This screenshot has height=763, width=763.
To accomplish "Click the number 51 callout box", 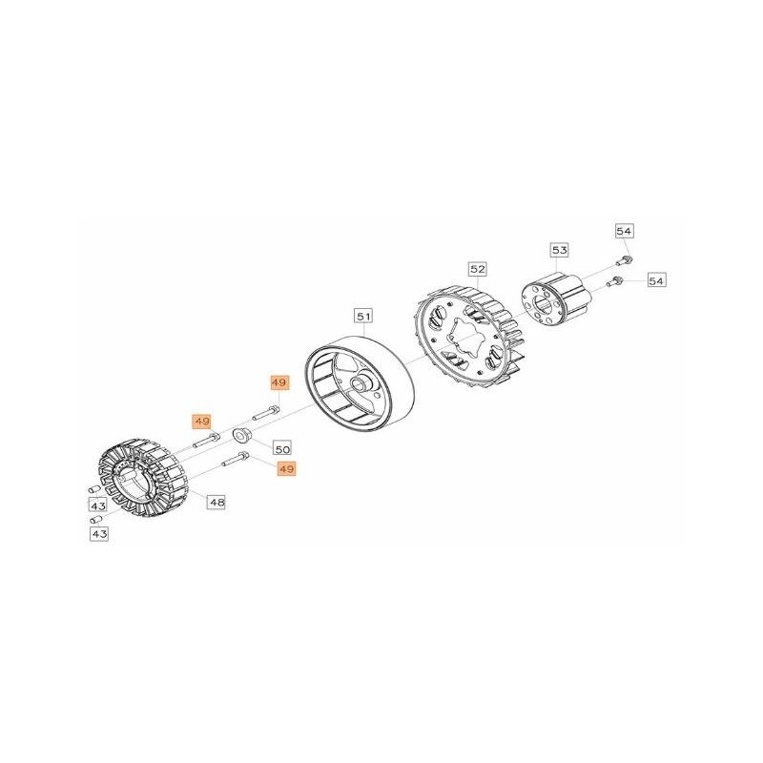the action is click(364, 317).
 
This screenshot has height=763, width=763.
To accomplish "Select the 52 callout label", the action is click(478, 269).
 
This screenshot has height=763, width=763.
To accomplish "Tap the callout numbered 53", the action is click(560, 250).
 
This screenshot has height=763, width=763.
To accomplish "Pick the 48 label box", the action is click(217, 502).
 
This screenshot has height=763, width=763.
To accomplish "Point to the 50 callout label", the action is click(282, 448).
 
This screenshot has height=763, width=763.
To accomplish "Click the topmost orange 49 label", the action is click(279, 383).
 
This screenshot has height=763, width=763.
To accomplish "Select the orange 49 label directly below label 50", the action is click(286, 469).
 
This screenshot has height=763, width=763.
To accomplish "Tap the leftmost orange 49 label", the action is click(201, 421).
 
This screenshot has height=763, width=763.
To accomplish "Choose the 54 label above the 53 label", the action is click(624, 231).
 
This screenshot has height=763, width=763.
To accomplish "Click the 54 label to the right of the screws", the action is click(656, 280).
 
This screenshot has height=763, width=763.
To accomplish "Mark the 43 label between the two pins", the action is click(98, 506).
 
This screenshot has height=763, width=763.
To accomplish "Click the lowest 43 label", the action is click(99, 534).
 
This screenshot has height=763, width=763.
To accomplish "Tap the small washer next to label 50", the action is click(241, 435).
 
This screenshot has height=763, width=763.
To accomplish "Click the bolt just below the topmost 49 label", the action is click(266, 414).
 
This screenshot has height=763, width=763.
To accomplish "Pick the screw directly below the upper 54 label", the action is click(624, 260).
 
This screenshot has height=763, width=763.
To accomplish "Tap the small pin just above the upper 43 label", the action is click(94, 488).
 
